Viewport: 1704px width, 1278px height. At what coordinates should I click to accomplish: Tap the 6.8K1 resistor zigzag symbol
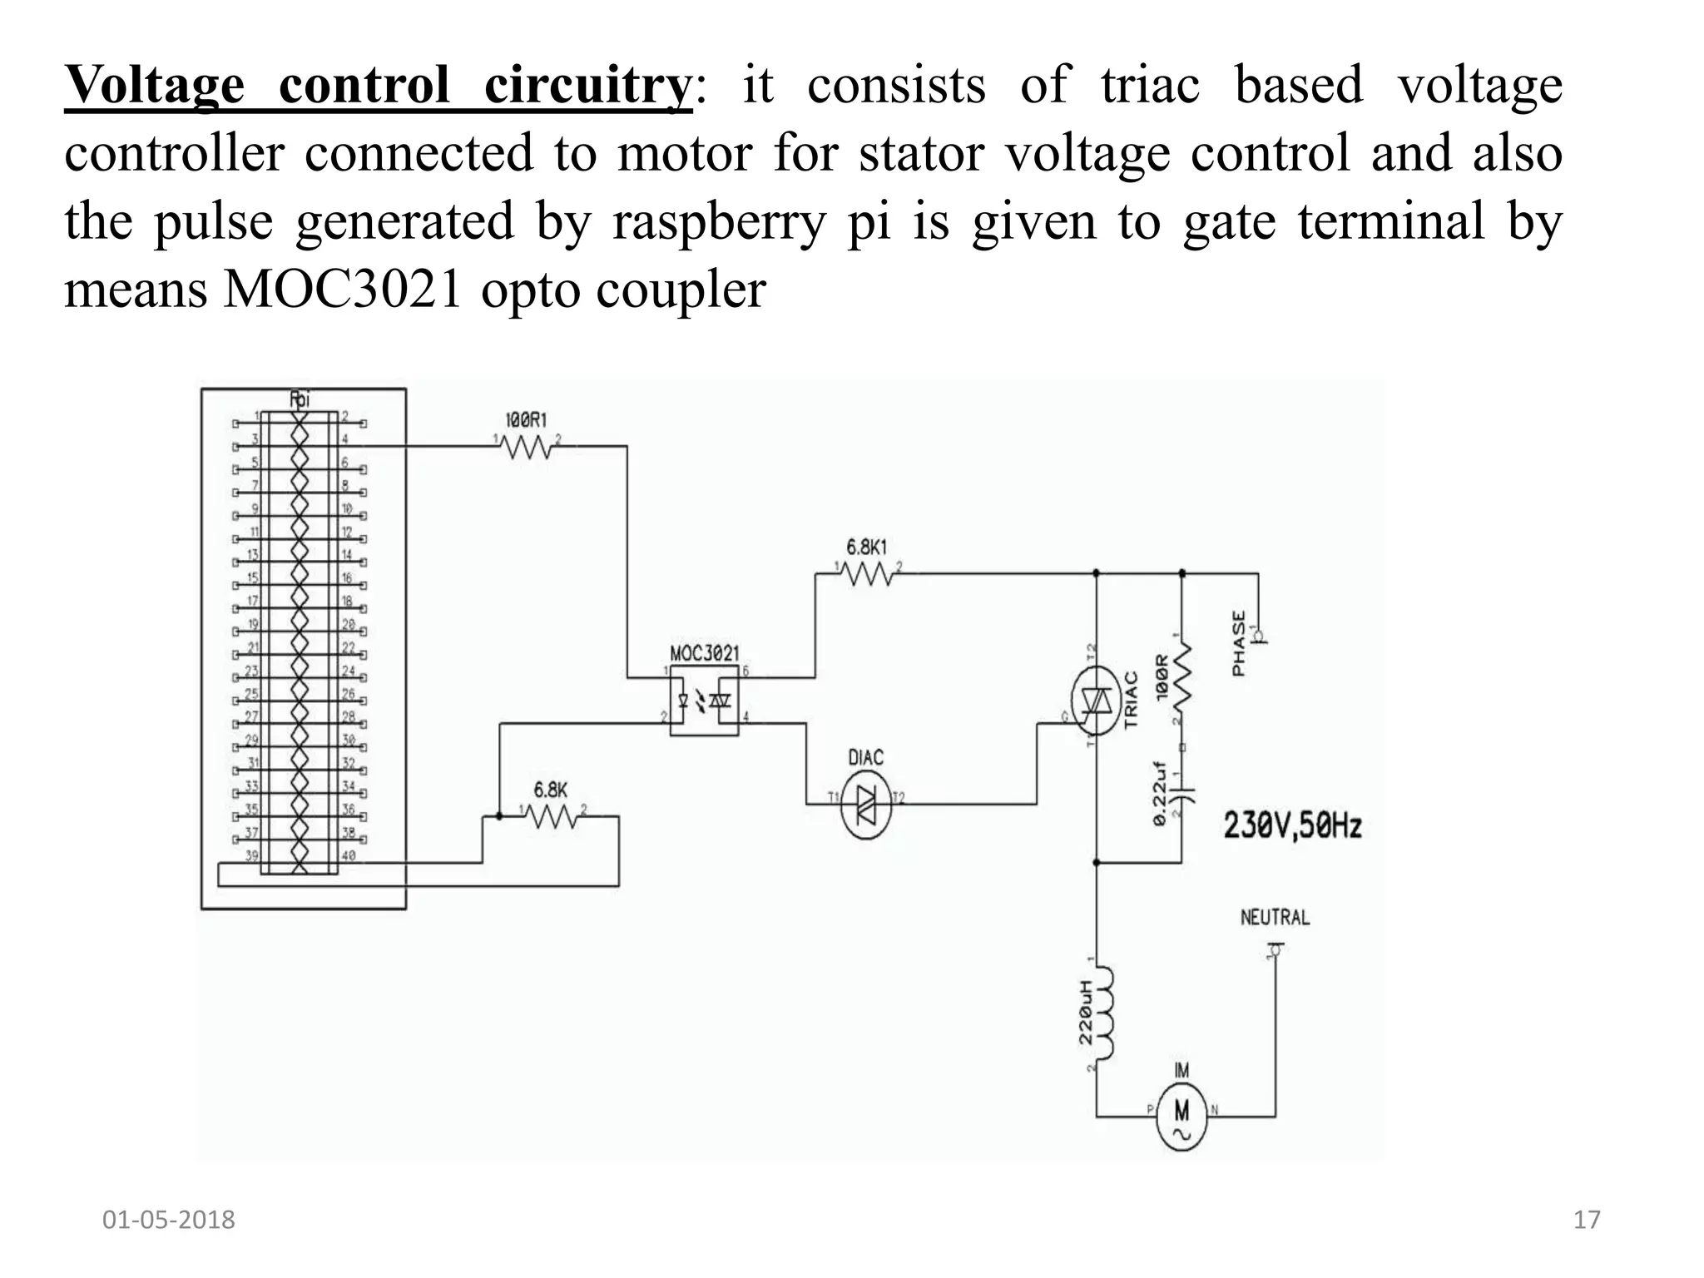[x=867, y=573]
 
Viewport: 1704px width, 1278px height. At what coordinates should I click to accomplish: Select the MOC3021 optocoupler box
[x=704, y=700]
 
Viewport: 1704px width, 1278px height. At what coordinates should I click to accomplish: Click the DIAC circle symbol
[x=865, y=804]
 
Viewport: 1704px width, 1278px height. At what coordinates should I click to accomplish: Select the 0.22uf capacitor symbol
[x=1181, y=790]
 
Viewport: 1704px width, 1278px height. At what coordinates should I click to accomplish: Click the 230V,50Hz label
[x=1291, y=826]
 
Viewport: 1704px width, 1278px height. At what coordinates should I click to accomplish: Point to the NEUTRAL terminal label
[x=1275, y=918]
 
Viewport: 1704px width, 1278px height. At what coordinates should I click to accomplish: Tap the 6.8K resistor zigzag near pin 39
[x=552, y=817]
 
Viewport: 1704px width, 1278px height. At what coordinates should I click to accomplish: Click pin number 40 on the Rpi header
[x=348, y=855]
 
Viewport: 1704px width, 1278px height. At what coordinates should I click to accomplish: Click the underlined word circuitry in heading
[x=587, y=85]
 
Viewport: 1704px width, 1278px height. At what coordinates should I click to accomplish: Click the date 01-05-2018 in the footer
[x=168, y=1220]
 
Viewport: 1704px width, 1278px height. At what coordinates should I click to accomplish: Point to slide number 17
[x=1587, y=1220]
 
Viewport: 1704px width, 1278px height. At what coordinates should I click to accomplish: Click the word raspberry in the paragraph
[x=719, y=221]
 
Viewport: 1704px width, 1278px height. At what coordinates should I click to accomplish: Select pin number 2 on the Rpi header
[x=345, y=416]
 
